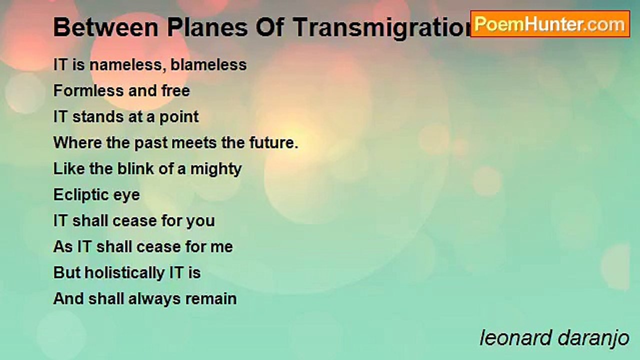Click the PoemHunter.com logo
550,24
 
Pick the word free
175,91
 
